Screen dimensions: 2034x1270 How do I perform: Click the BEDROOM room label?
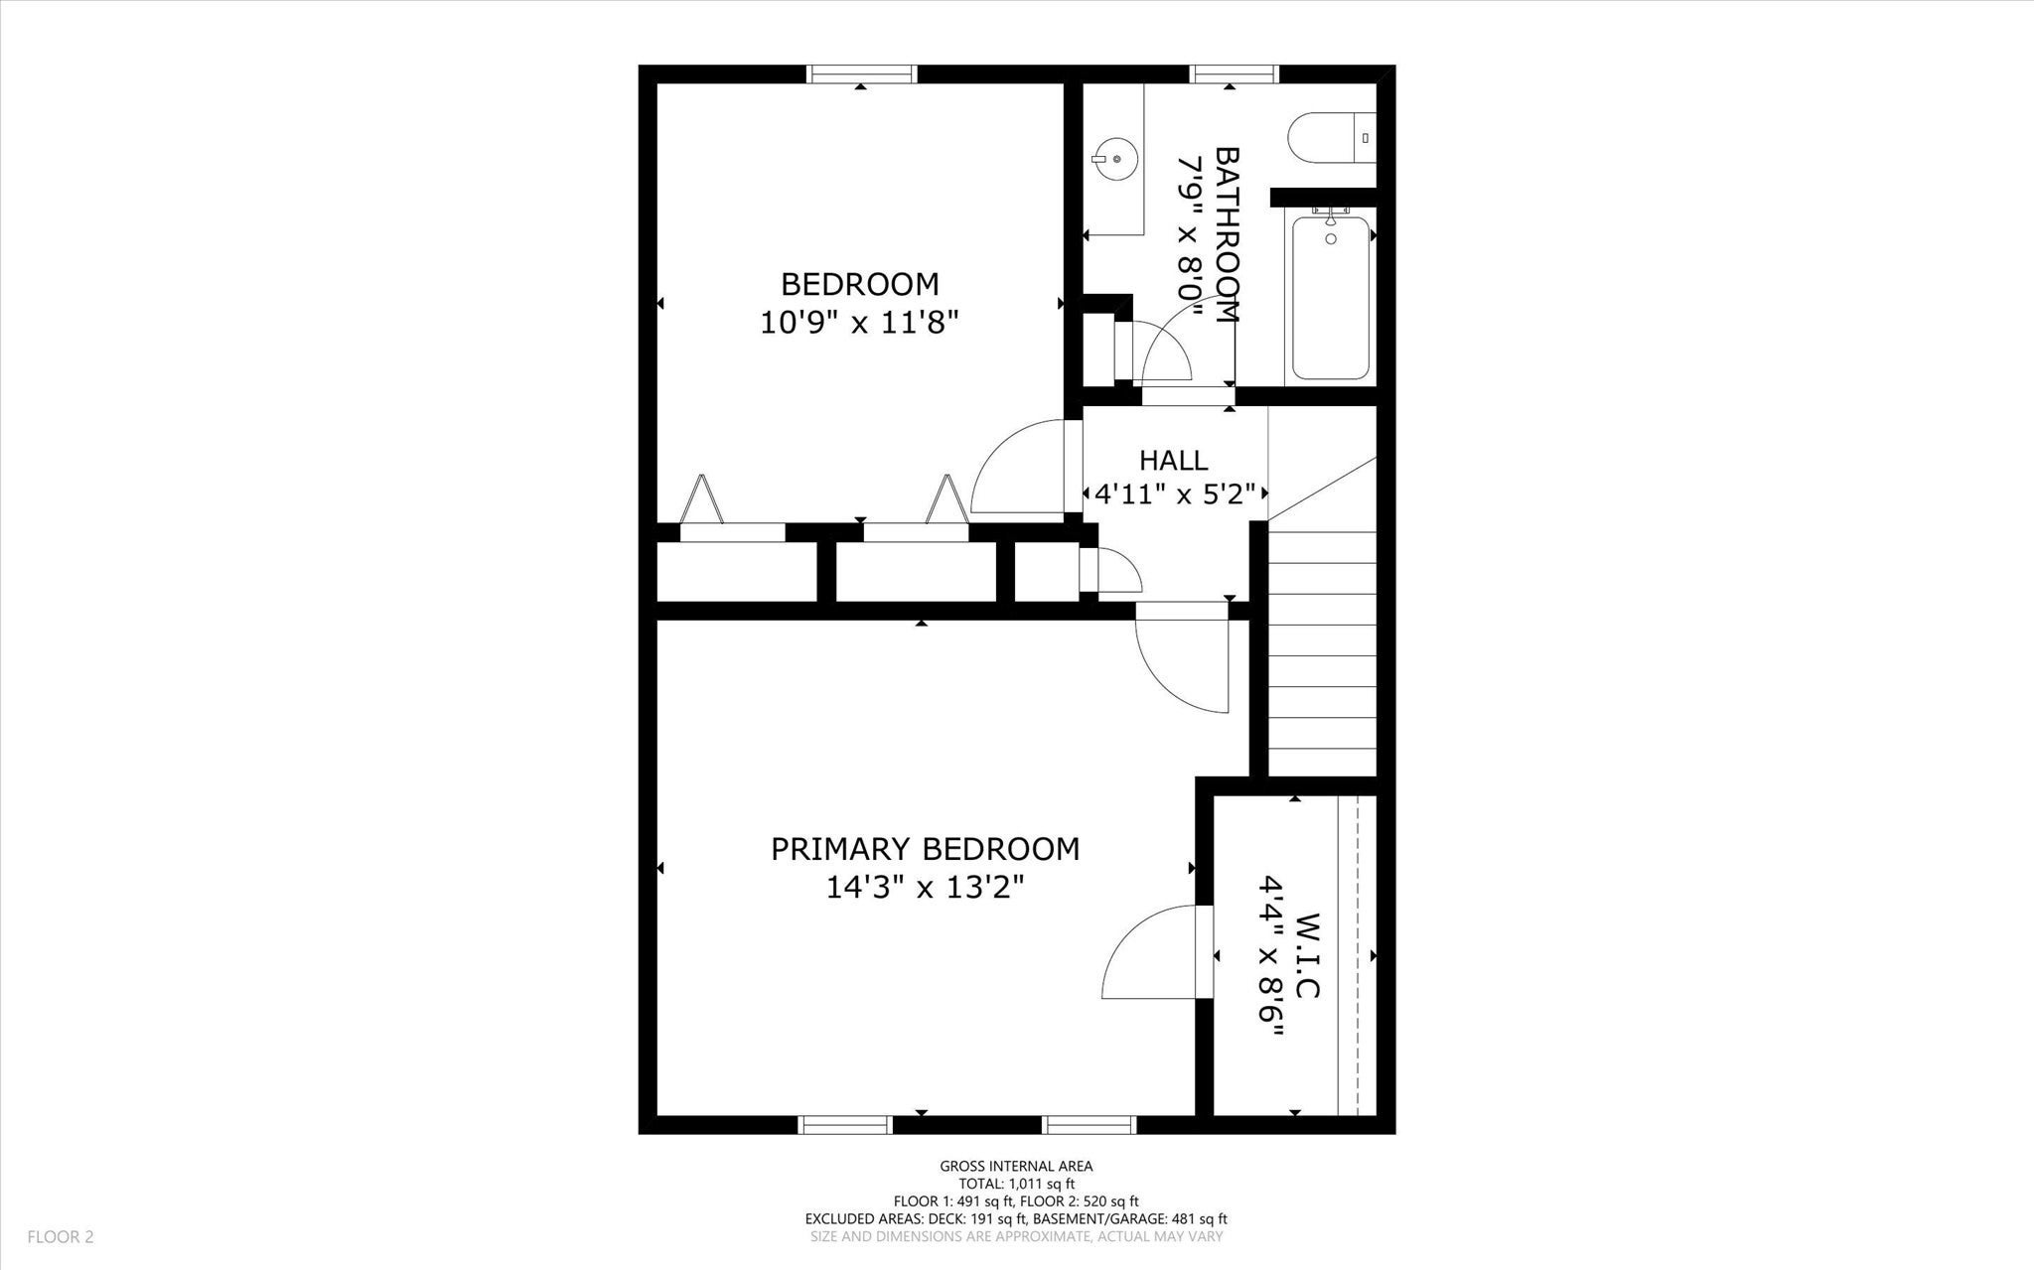(860, 285)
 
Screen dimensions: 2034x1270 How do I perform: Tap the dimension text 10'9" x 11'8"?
(860, 324)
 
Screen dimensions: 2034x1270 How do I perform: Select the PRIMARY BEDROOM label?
(926, 849)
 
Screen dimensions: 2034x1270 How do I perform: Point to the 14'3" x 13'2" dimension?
(926, 888)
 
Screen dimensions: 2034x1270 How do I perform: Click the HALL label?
(1174, 461)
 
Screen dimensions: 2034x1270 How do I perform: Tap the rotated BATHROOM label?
(1228, 235)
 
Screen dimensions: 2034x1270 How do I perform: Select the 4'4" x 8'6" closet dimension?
(1270, 955)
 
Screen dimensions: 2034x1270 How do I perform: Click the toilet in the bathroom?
(1332, 138)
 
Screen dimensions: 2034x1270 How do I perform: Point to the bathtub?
(1331, 297)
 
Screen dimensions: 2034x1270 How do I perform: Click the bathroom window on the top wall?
(1234, 73)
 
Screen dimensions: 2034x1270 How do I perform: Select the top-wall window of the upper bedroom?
(861, 73)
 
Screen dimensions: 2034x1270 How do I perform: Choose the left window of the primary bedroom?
(844, 1125)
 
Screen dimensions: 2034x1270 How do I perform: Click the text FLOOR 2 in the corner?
(61, 1237)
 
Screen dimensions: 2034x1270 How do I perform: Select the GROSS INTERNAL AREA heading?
(1016, 1167)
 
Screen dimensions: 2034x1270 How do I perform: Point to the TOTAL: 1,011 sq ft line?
(1016, 1184)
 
